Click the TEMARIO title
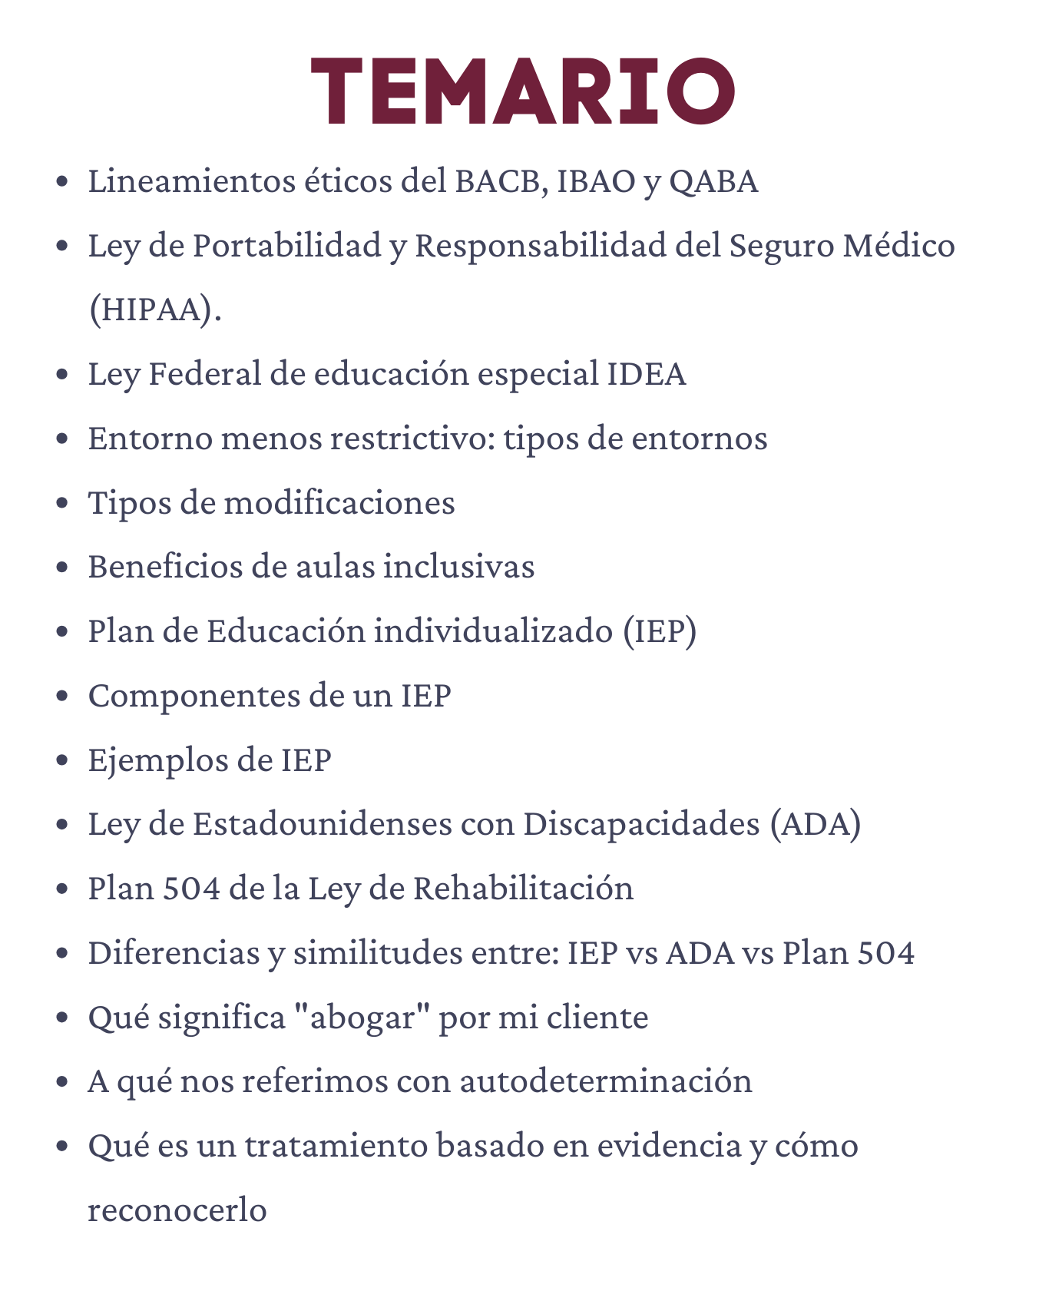point(522,91)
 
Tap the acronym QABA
point(713,182)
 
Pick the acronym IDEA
point(647,375)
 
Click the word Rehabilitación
point(523,889)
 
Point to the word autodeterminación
point(606,1081)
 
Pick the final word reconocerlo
point(177,1210)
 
